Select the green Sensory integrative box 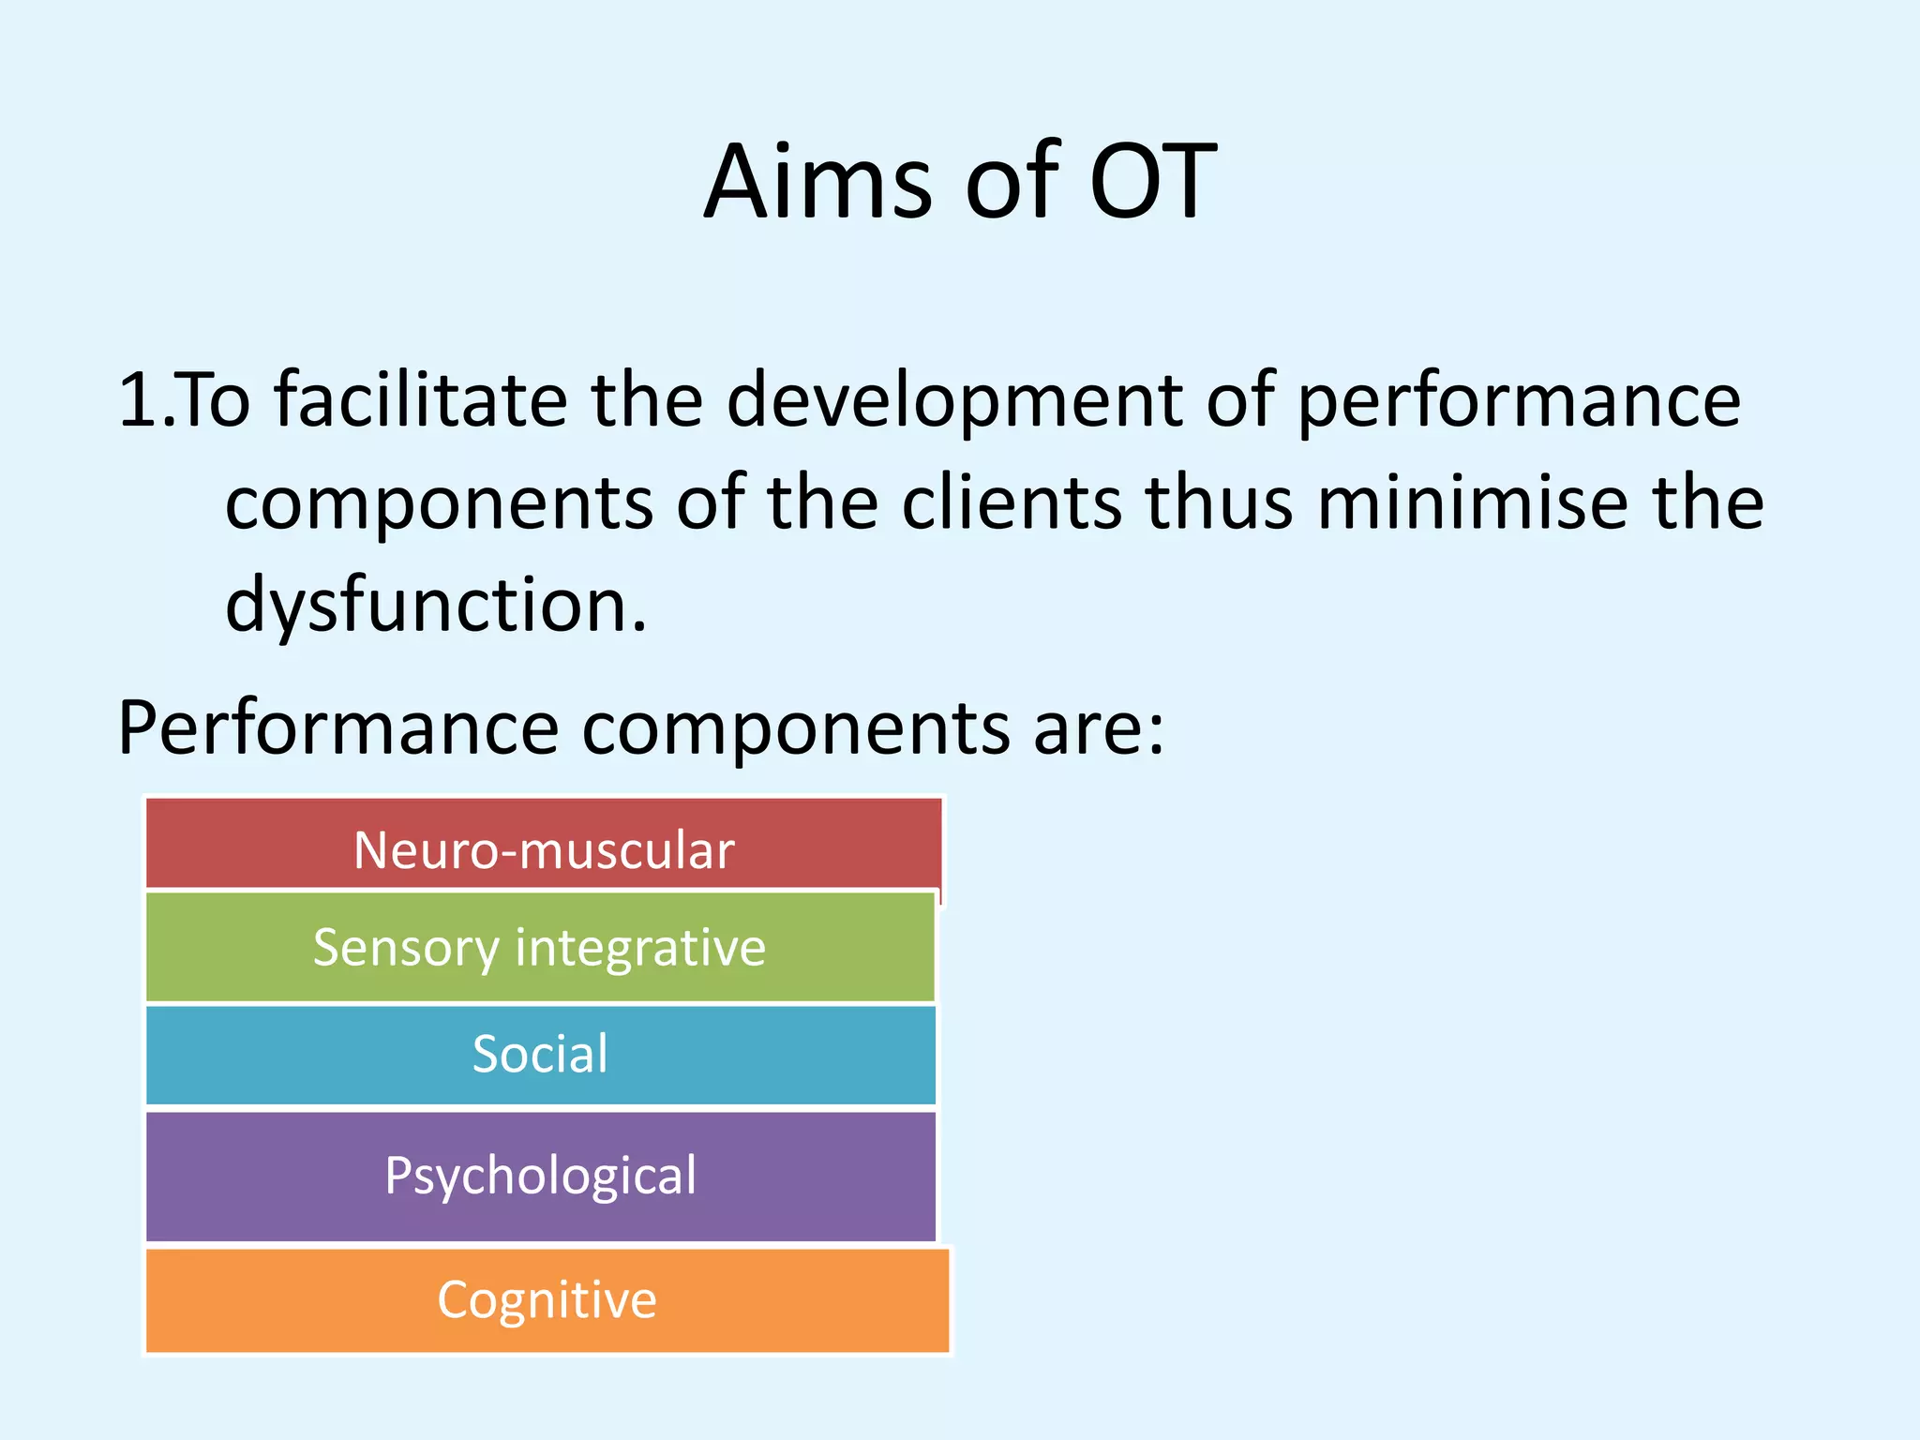(540, 947)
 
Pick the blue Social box (540, 1054)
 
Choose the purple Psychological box (540, 1176)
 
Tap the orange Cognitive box (547, 1299)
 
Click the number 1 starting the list (139, 400)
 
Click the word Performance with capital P (338, 728)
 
